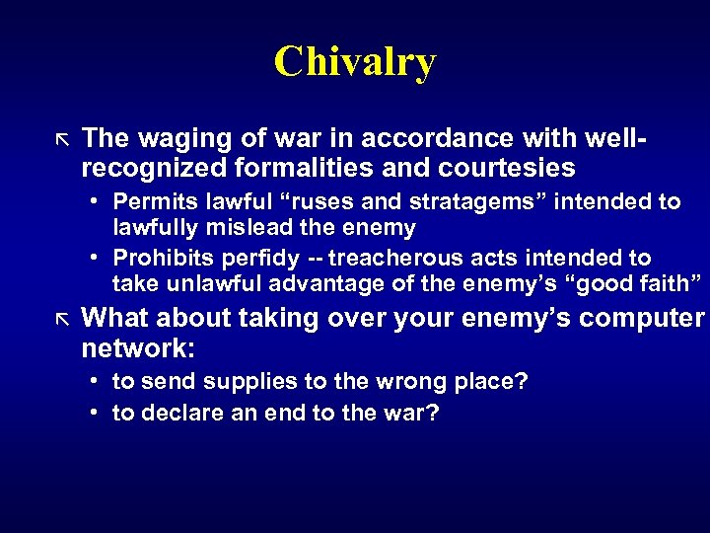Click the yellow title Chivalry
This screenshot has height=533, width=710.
(x=355, y=61)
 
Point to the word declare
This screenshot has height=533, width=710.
(x=179, y=412)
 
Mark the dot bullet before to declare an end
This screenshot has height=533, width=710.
(x=92, y=412)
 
